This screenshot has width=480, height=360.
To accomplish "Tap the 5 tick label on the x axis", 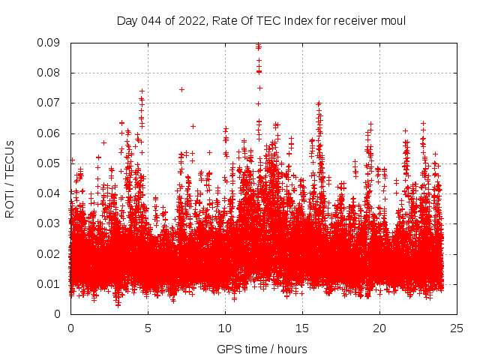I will (148, 328).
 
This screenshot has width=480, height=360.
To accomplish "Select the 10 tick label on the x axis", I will (225, 328).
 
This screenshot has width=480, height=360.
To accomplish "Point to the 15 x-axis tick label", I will (302, 328).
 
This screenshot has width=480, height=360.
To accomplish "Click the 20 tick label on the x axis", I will (379, 328).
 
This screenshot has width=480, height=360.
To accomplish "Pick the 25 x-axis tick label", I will (457, 328).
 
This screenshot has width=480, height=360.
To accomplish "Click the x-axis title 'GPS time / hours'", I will (262, 349).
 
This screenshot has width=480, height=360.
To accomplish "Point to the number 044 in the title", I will (152, 20).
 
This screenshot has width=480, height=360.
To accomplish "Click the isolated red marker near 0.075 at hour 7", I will (181, 89).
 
